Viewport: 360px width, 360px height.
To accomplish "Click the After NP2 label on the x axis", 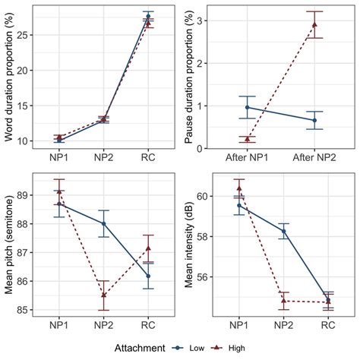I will tap(314, 160).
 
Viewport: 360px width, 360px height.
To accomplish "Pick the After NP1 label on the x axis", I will tap(247, 160).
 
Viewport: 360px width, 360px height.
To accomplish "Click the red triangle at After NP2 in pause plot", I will tap(314, 24).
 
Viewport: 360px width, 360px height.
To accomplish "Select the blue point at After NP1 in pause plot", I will tap(247, 107).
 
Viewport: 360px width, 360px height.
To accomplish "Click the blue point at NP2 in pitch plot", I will tap(104, 223).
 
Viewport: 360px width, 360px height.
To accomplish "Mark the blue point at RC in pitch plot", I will tap(148, 276).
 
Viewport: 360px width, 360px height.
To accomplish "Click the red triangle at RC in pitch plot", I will tap(148, 248).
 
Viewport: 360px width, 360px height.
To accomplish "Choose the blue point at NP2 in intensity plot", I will tap(284, 231).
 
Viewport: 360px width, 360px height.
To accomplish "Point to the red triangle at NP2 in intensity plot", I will tap(284, 301).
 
